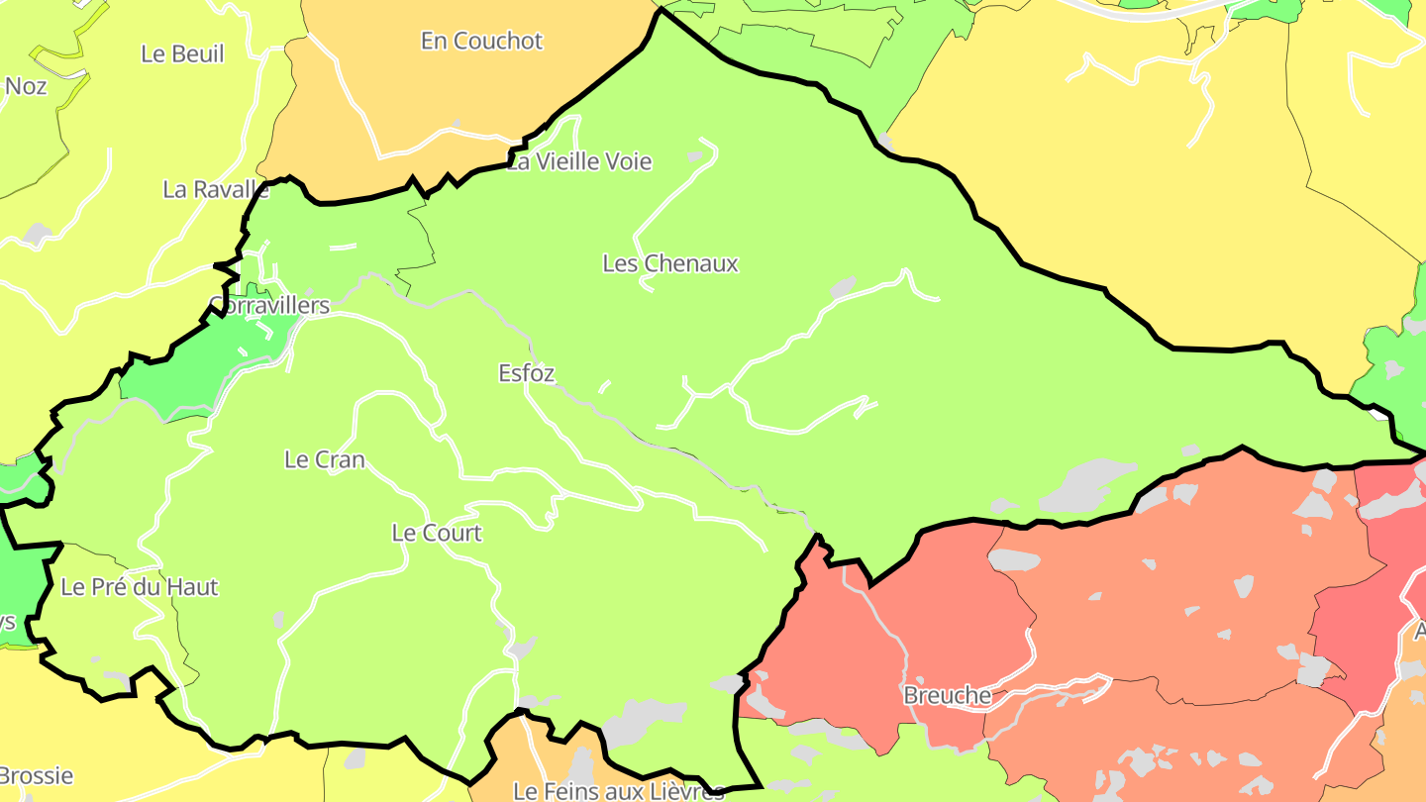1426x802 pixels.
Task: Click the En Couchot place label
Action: pyautogui.click(x=481, y=42)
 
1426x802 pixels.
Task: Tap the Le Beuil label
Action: pyautogui.click(x=182, y=54)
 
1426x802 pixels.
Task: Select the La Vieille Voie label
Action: pyautogui.click(x=579, y=161)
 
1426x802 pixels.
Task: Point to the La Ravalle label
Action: pyautogui.click(x=216, y=189)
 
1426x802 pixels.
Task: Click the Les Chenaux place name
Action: pyautogui.click(x=670, y=263)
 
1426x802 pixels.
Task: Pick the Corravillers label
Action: pyautogui.click(x=269, y=305)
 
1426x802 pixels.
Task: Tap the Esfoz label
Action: pyautogui.click(x=527, y=373)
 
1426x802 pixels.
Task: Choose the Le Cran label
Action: pyautogui.click(x=324, y=459)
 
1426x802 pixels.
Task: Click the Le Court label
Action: pyautogui.click(x=437, y=533)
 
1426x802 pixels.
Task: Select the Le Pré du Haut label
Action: pyautogui.click(x=139, y=587)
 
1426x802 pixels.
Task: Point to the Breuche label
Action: pyautogui.click(x=947, y=696)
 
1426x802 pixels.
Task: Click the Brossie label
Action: pyautogui.click(x=37, y=775)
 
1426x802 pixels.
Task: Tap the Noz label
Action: pyautogui.click(x=26, y=87)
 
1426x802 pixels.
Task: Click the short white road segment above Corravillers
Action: pyautogui.click(x=343, y=247)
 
